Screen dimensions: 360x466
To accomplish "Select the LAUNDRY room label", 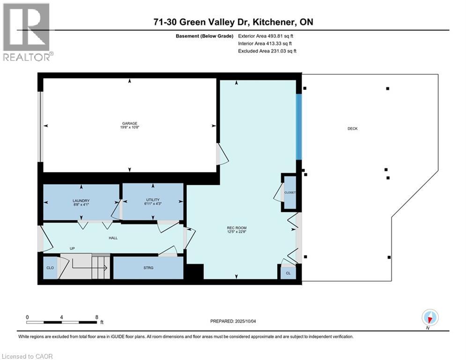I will tap(81, 201).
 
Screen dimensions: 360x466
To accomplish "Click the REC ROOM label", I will tap(237, 228).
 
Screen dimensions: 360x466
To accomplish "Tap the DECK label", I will tap(352, 128).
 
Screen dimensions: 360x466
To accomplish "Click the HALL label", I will tap(112, 238).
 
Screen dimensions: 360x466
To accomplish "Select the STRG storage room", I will tap(148, 268).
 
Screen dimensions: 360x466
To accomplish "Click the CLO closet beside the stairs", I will tap(50, 268).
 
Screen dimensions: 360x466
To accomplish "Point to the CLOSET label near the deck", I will tap(290, 193).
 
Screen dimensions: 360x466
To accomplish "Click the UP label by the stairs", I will tap(73, 248).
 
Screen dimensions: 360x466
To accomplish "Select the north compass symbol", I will tap(429, 317).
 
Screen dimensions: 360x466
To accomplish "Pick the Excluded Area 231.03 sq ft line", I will tap(267, 51).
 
